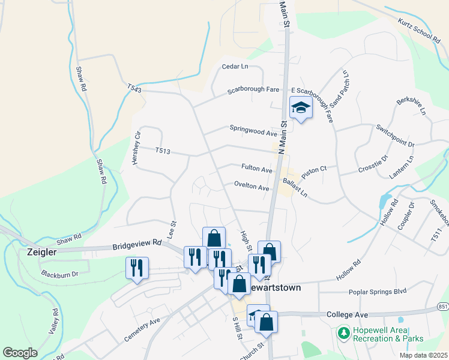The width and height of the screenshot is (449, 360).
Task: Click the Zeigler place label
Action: coord(41,252)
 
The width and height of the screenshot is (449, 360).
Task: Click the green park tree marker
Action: coord(343,332)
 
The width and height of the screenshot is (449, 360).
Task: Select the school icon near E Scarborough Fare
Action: coord(301,108)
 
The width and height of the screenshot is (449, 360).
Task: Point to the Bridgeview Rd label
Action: coord(137,244)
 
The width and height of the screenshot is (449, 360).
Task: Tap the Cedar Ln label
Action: coord(235,67)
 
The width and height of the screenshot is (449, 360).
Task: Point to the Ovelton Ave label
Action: coord(252,187)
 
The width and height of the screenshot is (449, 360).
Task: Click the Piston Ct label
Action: coord(314,171)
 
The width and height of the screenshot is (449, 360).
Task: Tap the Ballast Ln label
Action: coord(295,188)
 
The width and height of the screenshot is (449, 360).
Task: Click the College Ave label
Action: coord(346,314)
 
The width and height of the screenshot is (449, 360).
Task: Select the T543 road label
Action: coord(134,89)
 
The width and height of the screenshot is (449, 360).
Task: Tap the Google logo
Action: coord(20,352)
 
